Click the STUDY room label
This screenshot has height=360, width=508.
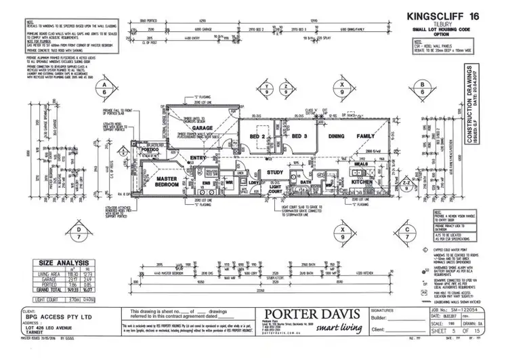click(275, 172)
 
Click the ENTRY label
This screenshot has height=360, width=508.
click(198, 158)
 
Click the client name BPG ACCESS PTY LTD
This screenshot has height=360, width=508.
click(54, 315)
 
